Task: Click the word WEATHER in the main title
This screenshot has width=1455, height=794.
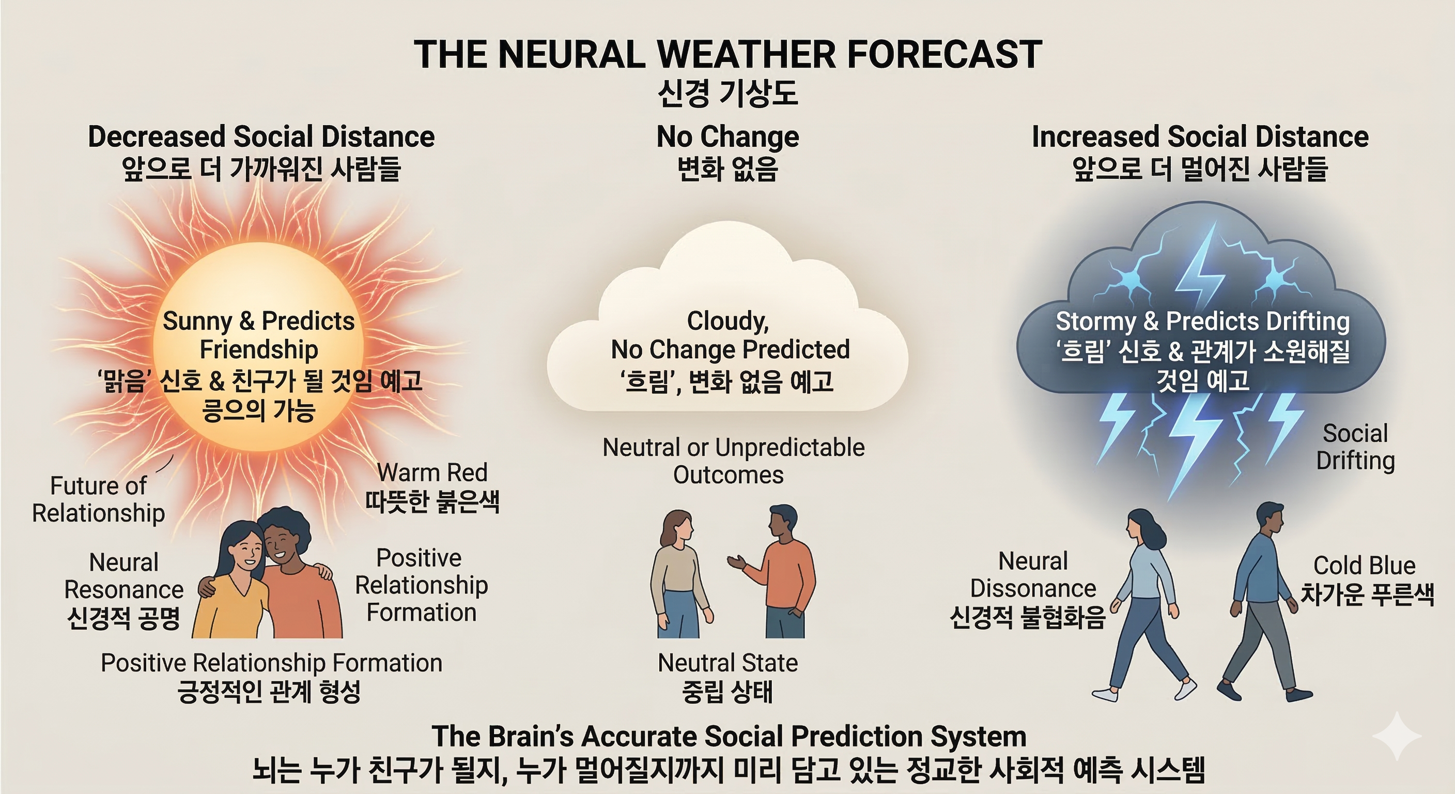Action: tap(746, 54)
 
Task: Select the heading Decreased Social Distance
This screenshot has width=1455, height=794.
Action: tap(261, 137)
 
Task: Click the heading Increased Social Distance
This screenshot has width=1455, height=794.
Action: tap(1200, 137)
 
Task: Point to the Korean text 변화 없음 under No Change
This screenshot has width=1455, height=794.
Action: tap(727, 169)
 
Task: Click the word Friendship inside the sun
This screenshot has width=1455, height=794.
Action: tap(259, 349)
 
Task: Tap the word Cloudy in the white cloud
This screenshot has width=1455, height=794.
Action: tap(727, 321)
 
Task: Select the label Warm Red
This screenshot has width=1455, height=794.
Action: tap(432, 472)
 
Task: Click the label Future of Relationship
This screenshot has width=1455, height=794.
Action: tap(98, 499)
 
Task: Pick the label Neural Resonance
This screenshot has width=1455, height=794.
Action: tap(123, 576)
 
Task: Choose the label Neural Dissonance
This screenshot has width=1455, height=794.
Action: tap(1033, 575)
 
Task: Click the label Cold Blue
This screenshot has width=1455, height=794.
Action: tap(1364, 566)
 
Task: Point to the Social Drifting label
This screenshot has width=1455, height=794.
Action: tap(1355, 447)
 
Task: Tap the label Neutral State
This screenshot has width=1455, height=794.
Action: tap(727, 663)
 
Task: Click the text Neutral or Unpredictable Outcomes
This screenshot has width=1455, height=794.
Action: tap(733, 461)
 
